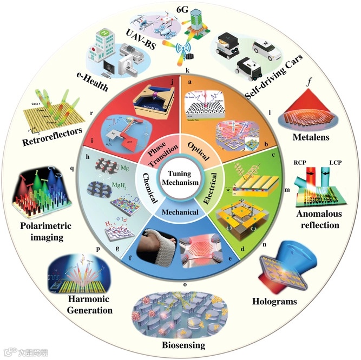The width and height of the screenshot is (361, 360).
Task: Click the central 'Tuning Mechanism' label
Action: [180, 179]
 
